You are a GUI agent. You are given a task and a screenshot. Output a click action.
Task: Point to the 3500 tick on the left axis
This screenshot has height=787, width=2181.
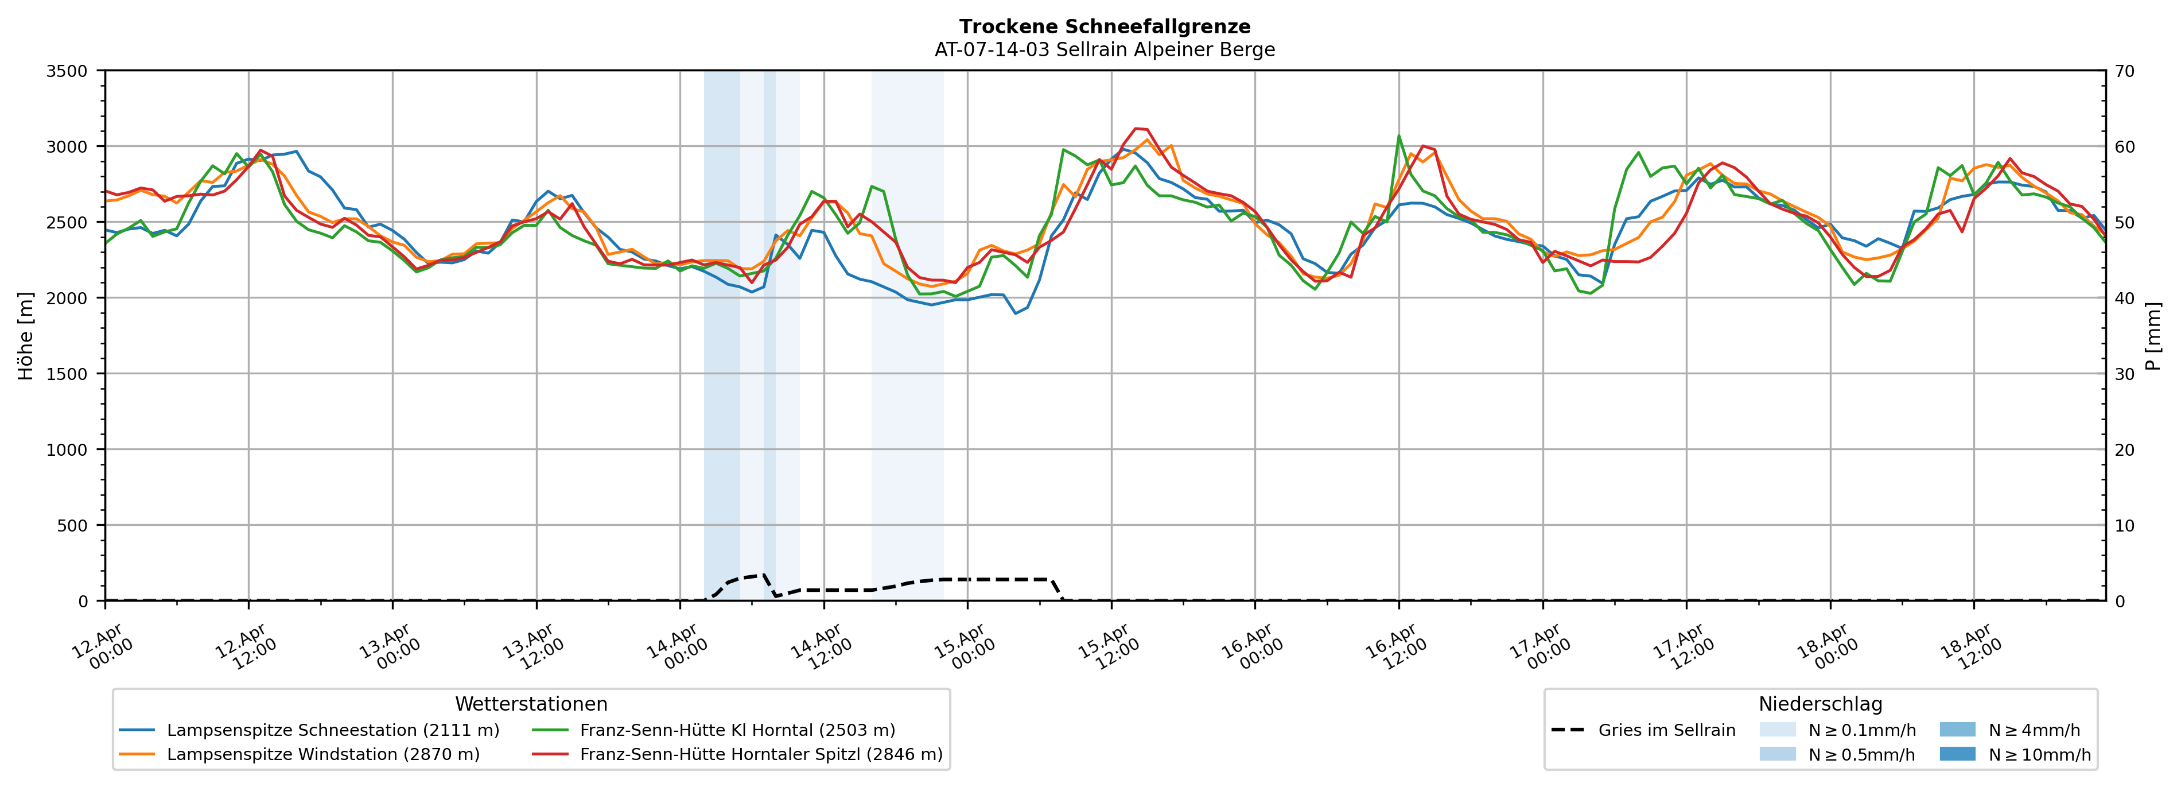(x=67, y=71)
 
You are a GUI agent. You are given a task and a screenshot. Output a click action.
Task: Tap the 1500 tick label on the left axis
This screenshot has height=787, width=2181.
(x=67, y=374)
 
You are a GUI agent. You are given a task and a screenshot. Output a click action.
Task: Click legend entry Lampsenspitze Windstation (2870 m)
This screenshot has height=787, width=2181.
(x=322, y=754)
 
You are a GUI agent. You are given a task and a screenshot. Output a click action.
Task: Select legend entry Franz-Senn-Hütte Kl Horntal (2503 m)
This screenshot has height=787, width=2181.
(x=737, y=730)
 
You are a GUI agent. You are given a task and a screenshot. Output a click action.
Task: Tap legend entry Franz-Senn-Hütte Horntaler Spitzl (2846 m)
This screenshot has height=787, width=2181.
(x=760, y=754)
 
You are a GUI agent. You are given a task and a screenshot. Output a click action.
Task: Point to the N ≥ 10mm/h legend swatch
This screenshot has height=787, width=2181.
(x=1957, y=754)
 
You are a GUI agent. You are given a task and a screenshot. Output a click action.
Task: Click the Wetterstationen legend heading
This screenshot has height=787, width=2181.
(x=531, y=704)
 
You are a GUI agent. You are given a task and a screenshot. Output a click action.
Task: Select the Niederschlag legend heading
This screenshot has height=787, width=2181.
(x=1820, y=704)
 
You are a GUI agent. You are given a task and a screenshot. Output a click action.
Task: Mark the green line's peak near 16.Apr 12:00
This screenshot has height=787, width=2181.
(x=1399, y=135)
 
